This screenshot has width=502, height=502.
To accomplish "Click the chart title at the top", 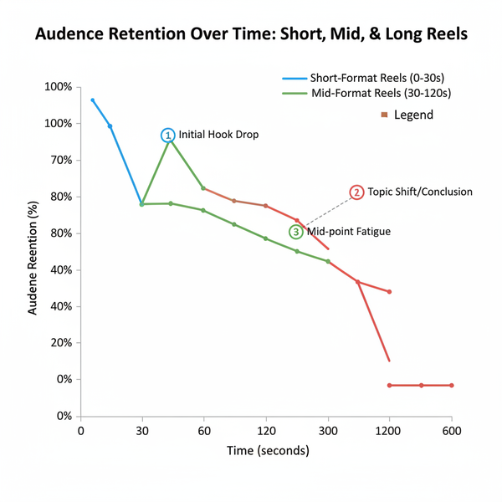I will point(250,37).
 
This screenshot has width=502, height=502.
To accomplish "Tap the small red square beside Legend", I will point(383,115).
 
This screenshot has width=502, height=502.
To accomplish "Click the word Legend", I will point(413,115).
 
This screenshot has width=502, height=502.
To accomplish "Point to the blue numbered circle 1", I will point(168,135).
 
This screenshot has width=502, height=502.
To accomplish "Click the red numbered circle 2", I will point(357,192).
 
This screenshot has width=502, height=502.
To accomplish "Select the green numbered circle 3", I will point(295,232).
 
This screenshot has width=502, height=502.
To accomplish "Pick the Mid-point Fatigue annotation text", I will point(349,232).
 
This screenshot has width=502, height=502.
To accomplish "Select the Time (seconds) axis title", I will point(268,450).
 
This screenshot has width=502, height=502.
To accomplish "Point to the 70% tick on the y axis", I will point(59,160).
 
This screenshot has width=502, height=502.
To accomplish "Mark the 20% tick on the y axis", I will point(59,343).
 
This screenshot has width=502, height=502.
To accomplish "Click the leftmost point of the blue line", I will point(93,100).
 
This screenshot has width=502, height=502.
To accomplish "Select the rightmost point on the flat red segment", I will point(452,385).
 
